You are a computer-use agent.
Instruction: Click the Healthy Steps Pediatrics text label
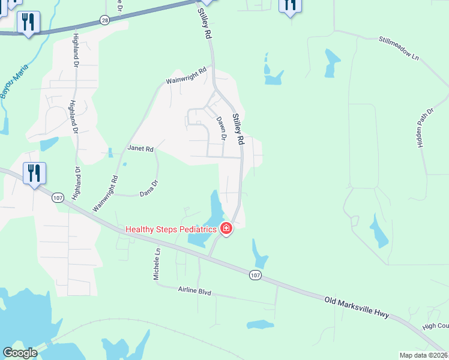pyautogui.click(x=170, y=229)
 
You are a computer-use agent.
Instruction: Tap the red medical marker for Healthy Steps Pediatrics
pyautogui.click(x=226, y=228)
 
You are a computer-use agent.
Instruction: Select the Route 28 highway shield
pyautogui.click(x=105, y=20)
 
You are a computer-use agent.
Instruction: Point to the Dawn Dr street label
pyautogui.click(x=221, y=128)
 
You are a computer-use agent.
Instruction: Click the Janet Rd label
pyautogui.click(x=140, y=148)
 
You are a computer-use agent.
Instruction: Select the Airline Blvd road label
pyautogui.click(x=195, y=292)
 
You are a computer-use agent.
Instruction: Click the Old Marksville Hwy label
pyautogui.click(x=357, y=307)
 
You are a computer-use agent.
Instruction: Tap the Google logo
pyautogui.click(x=20, y=353)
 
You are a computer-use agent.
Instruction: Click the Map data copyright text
pyautogui.click(x=423, y=355)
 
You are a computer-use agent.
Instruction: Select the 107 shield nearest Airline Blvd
pyautogui.click(x=255, y=275)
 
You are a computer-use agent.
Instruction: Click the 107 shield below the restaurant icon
pyautogui.click(x=58, y=197)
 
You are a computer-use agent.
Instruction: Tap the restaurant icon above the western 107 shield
pyautogui.click(x=34, y=173)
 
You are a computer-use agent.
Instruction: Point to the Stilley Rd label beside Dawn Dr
pyautogui.click(x=239, y=129)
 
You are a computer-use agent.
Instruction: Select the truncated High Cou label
pyautogui.click(x=435, y=326)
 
